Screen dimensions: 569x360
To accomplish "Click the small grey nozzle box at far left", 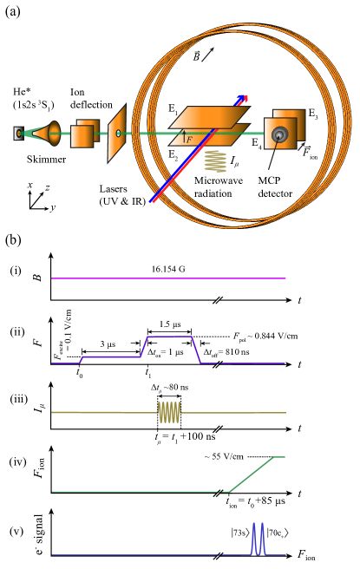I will click(18, 134).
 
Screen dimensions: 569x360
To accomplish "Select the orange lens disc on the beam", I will click(54, 134).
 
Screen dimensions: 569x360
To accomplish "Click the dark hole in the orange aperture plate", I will click(118, 134).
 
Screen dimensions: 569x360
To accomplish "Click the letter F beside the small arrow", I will click(190, 140).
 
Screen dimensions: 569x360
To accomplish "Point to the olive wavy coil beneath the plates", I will click(215, 161).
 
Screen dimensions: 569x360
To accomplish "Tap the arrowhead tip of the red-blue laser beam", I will click(244, 98).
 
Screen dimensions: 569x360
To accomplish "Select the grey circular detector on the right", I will click(279, 134).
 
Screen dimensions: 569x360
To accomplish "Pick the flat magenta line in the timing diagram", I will click(168, 278).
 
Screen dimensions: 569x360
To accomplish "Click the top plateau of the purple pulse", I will click(169, 337).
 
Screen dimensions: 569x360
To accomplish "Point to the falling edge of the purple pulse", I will click(196, 350).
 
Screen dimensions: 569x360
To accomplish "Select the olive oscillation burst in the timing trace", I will click(169, 413).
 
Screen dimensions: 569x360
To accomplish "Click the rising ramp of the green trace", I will click(252, 474).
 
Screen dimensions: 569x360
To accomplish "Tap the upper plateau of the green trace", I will click(279, 457).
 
